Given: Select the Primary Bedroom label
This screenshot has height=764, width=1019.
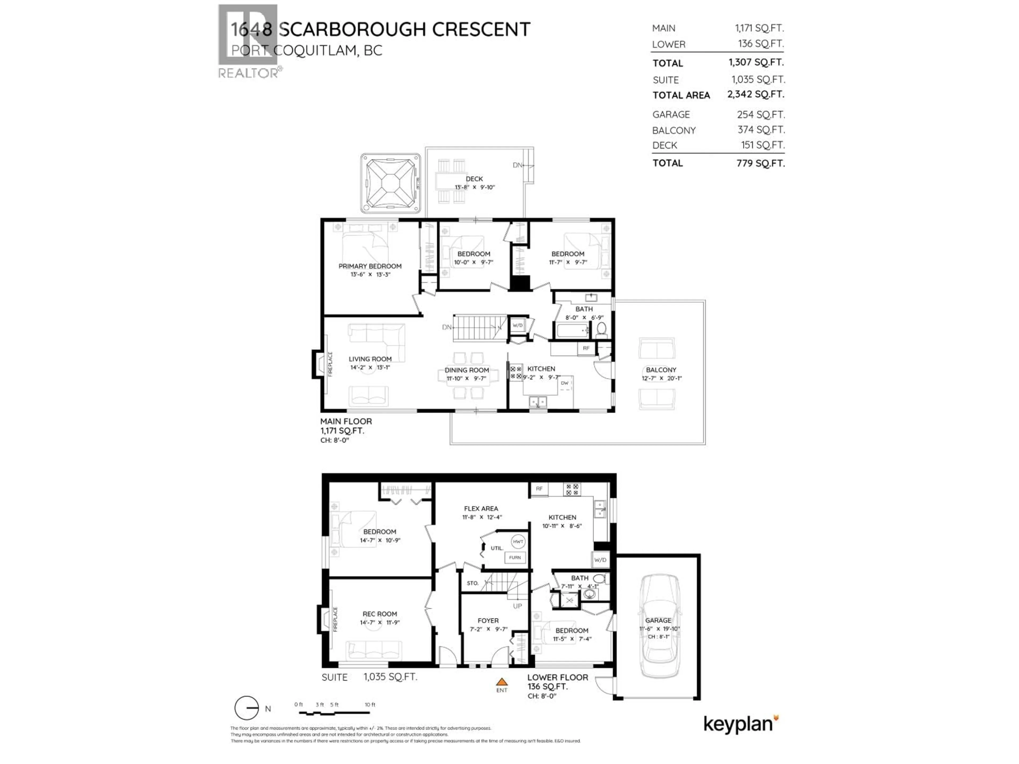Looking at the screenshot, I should (x=370, y=266).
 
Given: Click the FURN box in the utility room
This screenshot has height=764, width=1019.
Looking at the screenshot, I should (x=515, y=558).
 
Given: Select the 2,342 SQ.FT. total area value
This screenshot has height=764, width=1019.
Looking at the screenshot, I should (x=755, y=94).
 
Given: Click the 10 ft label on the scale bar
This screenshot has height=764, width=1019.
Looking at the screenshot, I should (x=370, y=705).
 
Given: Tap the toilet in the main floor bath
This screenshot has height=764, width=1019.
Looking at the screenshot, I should (x=601, y=329).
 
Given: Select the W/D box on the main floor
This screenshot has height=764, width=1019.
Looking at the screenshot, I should (x=518, y=325).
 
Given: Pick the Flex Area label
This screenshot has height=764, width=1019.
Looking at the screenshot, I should (x=481, y=509).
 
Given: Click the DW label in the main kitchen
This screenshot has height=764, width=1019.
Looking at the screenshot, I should (x=564, y=383).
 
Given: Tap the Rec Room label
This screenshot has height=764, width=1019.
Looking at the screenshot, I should (x=379, y=614).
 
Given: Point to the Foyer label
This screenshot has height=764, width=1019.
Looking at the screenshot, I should (x=488, y=621).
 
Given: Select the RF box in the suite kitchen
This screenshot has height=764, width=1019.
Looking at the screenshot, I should (x=539, y=489).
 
